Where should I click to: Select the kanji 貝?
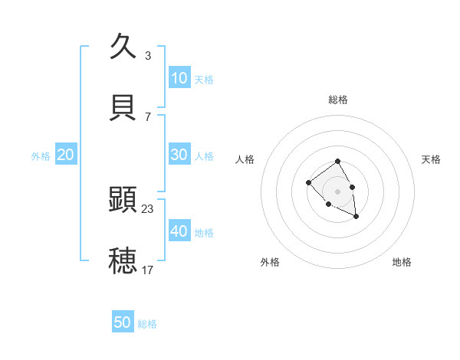pyautogui.click(x=123, y=108)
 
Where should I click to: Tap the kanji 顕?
pyautogui.click(x=123, y=200)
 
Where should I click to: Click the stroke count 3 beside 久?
pyautogui.click(x=147, y=56)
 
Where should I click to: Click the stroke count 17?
pyautogui.click(x=148, y=270)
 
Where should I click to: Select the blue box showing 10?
pyautogui.click(x=179, y=78)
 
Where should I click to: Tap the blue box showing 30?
pyautogui.click(x=179, y=155)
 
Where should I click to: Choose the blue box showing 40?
pyautogui.click(x=179, y=231)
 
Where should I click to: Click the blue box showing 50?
pyautogui.click(x=123, y=322)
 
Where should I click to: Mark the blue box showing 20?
pyautogui.click(x=65, y=155)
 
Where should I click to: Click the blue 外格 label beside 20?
pyautogui.click(x=41, y=156)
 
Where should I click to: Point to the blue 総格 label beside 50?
pyautogui.click(x=147, y=324)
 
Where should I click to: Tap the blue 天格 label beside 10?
pyautogui.click(x=204, y=80)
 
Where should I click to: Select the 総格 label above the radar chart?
pyautogui.click(x=338, y=100)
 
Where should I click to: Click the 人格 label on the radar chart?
pyautogui.click(x=245, y=159)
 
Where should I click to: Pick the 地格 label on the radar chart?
pyautogui.click(x=402, y=262)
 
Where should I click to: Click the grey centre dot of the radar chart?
pyautogui.click(x=338, y=191)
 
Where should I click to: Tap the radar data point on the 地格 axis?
pyautogui.click(x=356, y=217)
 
